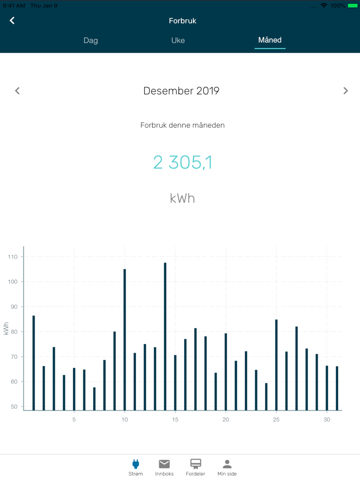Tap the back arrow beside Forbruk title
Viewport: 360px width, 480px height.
(12, 21)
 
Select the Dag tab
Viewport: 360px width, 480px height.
(91, 40)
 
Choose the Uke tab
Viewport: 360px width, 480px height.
(178, 40)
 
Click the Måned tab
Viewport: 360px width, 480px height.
(270, 40)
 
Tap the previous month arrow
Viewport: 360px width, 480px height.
(17, 91)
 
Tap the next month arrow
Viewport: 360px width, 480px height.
(345, 91)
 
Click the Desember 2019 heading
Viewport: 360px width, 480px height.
(181, 91)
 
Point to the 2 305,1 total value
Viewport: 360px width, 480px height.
(183, 162)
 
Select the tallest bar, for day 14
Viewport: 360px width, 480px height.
(165, 336)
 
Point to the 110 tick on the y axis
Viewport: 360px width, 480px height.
(13, 257)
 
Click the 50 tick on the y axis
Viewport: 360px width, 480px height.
(14, 407)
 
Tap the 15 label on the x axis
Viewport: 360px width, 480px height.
(175, 420)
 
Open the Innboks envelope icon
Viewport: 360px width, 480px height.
(164, 464)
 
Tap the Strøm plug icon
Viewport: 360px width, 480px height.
(136, 464)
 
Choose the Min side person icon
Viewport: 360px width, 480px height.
(227, 464)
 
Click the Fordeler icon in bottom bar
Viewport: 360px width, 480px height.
(195, 464)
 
